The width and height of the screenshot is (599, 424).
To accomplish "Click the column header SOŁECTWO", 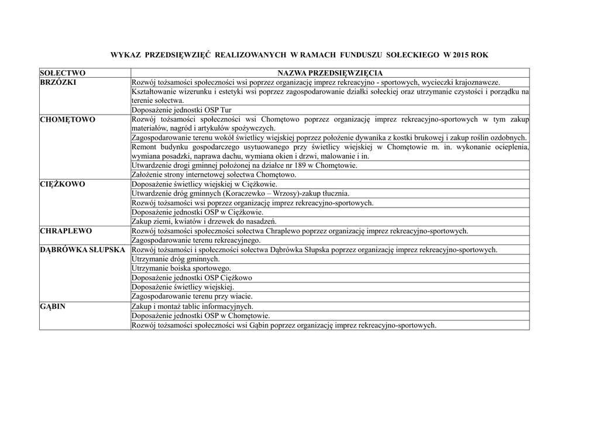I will [63, 73].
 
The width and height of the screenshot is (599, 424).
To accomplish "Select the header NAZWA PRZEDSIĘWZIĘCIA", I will [330, 73].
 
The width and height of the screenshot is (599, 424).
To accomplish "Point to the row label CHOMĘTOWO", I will [67, 119].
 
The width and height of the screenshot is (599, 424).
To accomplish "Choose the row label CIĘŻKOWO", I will [63, 184].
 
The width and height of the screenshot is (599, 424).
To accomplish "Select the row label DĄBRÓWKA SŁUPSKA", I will [82, 249].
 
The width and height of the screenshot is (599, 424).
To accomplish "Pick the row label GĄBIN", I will [53, 306].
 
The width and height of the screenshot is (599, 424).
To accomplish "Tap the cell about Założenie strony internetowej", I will [214, 174].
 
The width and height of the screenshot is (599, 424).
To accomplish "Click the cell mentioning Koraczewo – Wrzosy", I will [240, 193].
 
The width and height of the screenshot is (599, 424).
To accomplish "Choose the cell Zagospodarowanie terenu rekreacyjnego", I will [196, 240].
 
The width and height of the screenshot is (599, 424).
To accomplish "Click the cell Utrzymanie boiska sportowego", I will [181, 268].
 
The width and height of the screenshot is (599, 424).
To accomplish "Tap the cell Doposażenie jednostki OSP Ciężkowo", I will [192, 277].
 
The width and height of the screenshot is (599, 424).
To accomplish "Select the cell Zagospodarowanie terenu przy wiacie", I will [192, 296].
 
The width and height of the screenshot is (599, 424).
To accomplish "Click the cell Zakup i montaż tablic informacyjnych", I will [192, 306].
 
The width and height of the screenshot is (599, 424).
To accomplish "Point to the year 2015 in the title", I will [460, 55].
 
